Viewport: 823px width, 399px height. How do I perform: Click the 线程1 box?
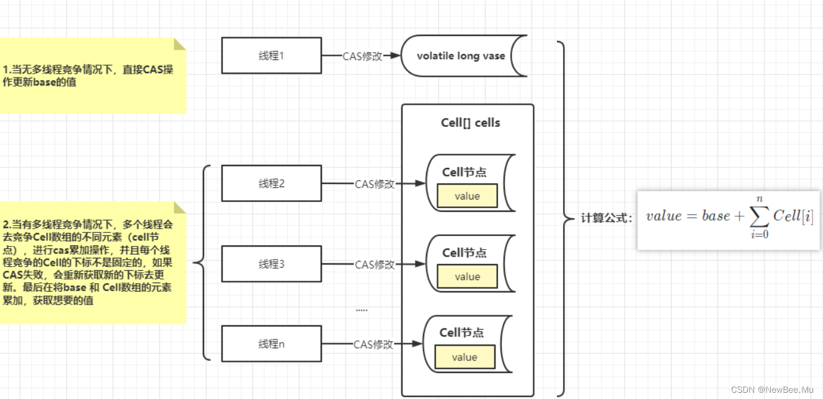click(x=271, y=56)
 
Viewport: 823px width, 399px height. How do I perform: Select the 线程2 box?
click(x=271, y=183)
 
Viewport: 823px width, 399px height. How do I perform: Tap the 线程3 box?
click(x=271, y=264)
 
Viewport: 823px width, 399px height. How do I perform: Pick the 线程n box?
click(x=271, y=344)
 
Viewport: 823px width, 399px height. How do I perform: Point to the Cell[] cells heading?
click(x=470, y=123)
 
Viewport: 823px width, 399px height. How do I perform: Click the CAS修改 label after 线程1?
click(x=362, y=56)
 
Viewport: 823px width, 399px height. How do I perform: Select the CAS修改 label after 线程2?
click(x=375, y=184)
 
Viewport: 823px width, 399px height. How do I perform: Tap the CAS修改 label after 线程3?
click(x=375, y=265)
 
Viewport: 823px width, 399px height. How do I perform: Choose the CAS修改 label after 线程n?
click(x=373, y=344)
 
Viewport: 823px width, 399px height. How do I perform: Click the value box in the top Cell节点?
click(x=467, y=196)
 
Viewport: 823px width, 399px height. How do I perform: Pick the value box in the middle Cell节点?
click(x=467, y=276)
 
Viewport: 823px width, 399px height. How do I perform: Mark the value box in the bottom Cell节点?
click(x=465, y=357)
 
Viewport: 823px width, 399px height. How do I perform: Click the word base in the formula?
click(x=716, y=216)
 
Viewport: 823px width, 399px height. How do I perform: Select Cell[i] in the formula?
click(x=793, y=216)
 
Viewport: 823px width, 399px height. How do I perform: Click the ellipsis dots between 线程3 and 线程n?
click(x=362, y=310)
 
